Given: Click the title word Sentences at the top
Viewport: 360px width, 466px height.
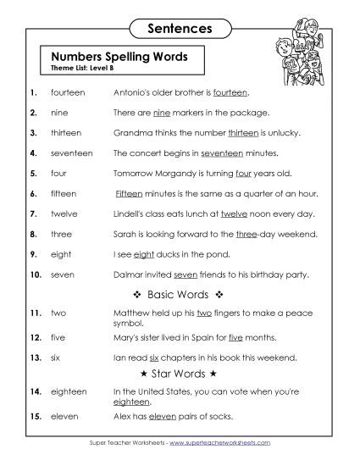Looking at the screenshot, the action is coord(179,28).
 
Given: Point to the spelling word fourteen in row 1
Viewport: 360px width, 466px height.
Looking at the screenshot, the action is coord(68,92).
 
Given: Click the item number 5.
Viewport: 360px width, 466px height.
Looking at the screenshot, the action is coord(32,173).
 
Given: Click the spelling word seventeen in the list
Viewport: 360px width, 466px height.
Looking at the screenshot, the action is coord(72,153).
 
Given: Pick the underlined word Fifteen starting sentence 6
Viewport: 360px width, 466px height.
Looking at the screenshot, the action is coord(128,193).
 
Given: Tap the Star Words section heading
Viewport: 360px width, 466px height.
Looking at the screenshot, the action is coord(178,371).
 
